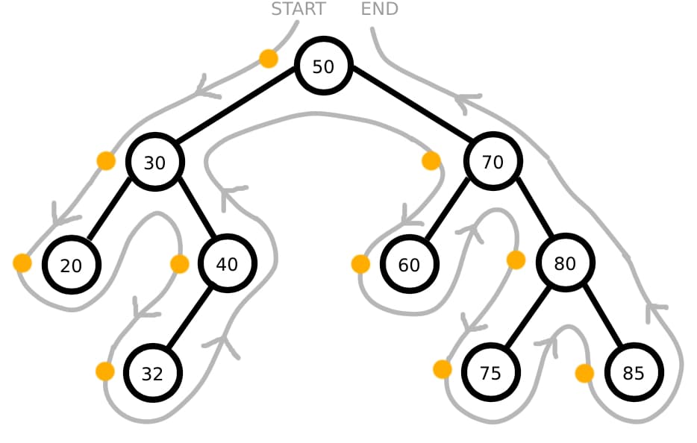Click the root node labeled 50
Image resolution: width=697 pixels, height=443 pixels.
(x=322, y=66)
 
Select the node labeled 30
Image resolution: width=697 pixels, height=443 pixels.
(x=154, y=162)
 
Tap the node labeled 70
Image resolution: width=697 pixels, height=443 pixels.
(x=493, y=161)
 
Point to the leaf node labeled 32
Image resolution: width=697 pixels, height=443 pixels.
(x=152, y=373)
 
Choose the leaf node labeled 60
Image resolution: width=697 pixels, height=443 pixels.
(x=409, y=264)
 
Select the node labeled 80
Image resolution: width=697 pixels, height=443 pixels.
(x=565, y=263)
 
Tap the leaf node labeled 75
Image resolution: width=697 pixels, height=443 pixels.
(x=490, y=373)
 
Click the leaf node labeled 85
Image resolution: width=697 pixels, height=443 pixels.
(x=633, y=373)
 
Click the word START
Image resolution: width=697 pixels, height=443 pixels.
(x=298, y=9)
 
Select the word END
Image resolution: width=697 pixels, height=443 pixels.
(x=379, y=9)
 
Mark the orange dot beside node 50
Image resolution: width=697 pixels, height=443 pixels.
(x=268, y=58)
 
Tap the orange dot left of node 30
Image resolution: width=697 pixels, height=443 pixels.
(x=106, y=160)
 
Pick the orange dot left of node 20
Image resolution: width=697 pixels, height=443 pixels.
(x=22, y=263)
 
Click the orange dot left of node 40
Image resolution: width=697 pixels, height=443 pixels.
(x=179, y=263)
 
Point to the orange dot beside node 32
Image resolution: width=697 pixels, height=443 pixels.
(x=105, y=371)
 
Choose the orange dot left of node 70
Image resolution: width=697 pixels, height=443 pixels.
(x=431, y=160)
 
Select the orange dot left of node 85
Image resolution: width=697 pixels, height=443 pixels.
(x=584, y=373)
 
